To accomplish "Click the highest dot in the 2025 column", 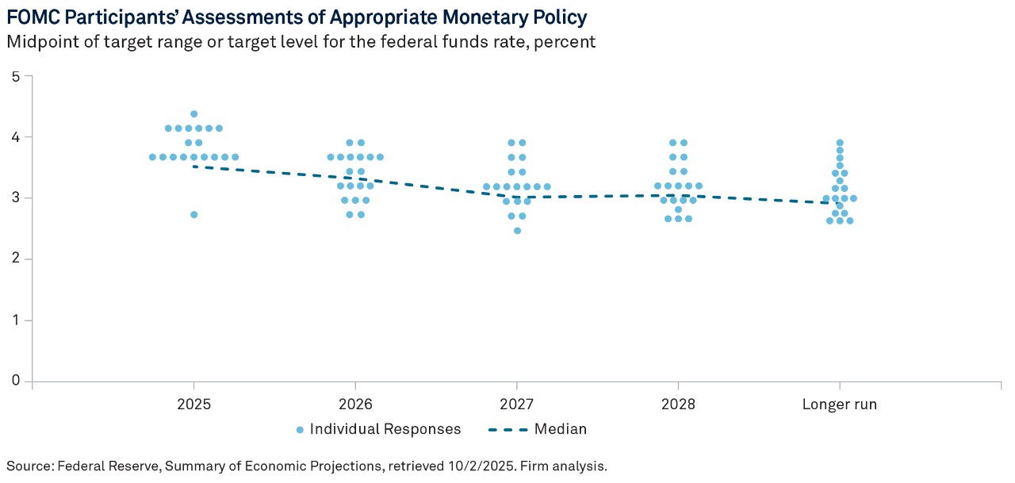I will click(x=193, y=114).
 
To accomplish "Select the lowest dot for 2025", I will click(x=193, y=215).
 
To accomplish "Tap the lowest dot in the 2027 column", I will click(x=517, y=231).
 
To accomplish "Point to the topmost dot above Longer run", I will click(x=840, y=143).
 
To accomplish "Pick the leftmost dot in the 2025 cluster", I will click(x=152, y=157).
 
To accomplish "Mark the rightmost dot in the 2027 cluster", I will click(x=547, y=187).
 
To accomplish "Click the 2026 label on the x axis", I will click(x=355, y=404).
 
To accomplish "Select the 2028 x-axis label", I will click(x=678, y=404).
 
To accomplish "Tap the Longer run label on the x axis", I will click(x=840, y=404).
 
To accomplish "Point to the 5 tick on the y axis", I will click(x=16, y=76).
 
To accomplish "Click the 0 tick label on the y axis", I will click(x=16, y=381).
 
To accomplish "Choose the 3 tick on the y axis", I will click(x=16, y=198).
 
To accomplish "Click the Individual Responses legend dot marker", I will click(x=300, y=430).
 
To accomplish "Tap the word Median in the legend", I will click(x=561, y=430).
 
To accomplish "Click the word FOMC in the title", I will click(x=33, y=17).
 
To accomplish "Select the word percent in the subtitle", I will click(x=565, y=42).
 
